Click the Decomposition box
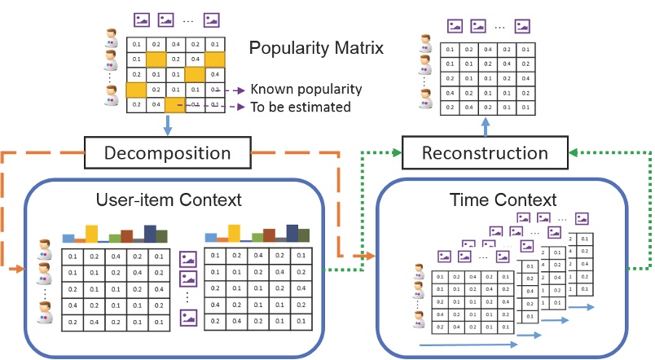(167, 152)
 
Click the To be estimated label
(301, 107)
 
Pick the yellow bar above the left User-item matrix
(92, 234)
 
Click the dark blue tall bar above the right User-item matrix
(292, 233)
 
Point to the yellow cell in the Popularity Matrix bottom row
(176, 104)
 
